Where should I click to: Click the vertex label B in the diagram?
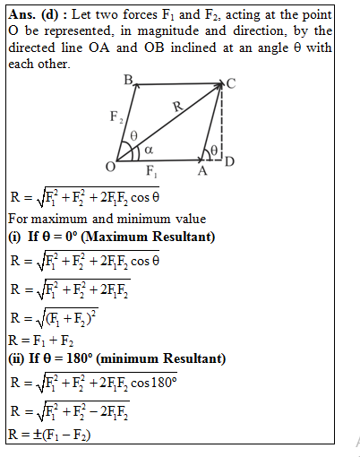click(x=129, y=81)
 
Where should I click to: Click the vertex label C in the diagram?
click(x=231, y=83)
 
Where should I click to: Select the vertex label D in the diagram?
click(x=229, y=162)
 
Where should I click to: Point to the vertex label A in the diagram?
click(x=202, y=172)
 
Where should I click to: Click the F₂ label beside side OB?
click(x=116, y=117)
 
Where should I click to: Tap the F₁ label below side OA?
click(x=152, y=172)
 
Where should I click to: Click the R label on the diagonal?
click(x=176, y=107)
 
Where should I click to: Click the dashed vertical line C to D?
click(x=222, y=125)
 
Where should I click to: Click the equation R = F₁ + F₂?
click(x=41, y=341)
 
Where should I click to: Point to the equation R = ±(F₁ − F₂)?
click(x=49, y=436)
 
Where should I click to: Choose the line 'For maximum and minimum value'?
click(x=106, y=219)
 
